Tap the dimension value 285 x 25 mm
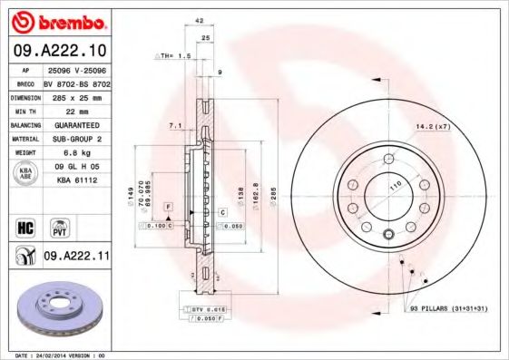(76, 95)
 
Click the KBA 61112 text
(76, 181)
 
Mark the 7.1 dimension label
(176, 124)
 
